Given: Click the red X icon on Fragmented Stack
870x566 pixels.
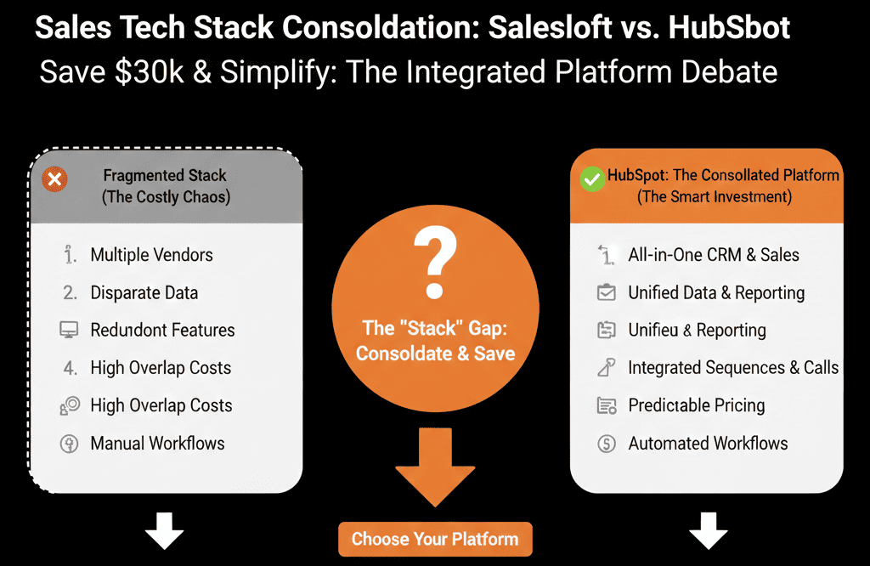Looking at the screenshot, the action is click(x=54, y=179).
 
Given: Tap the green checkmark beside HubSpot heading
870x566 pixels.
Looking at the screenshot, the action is click(x=592, y=179).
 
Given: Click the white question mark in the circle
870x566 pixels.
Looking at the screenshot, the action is click(x=436, y=262).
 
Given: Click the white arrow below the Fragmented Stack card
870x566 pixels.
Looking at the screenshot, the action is click(x=164, y=531).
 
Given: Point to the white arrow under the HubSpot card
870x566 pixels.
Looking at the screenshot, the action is click(x=709, y=531).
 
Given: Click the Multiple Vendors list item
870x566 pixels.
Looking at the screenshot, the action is click(x=151, y=255).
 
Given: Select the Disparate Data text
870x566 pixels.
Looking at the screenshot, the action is click(x=144, y=292).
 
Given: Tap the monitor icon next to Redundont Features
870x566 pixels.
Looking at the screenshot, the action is click(x=70, y=330).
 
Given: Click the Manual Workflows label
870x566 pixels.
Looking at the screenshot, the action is click(x=157, y=444).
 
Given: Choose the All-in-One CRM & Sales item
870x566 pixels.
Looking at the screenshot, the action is click(x=714, y=255).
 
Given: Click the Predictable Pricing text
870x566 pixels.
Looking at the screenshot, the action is click(x=697, y=405).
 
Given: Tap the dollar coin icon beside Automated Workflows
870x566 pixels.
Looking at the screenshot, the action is click(x=607, y=444).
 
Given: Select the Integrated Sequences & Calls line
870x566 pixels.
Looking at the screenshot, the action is click(x=733, y=368).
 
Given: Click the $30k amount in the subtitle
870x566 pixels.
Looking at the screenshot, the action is click(x=150, y=72).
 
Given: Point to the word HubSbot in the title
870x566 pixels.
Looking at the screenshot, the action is click(x=729, y=27).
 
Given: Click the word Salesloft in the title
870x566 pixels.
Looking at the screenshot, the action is click(x=550, y=27).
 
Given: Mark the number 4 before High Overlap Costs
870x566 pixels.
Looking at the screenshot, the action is click(x=70, y=368).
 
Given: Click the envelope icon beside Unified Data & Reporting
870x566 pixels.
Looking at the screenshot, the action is click(x=607, y=292).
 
